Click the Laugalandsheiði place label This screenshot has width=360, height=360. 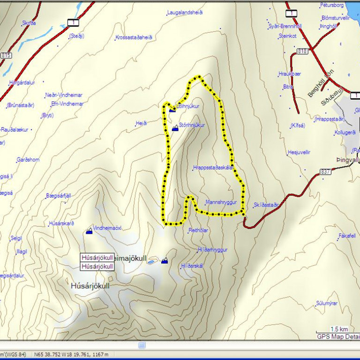tap(185, 12)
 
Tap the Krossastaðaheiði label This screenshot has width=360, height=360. tap(134, 37)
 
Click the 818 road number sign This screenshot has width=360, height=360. tap(302, 51)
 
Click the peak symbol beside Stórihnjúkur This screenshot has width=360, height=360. tap(175, 127)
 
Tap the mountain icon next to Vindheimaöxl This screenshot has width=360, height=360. tap(89, 230)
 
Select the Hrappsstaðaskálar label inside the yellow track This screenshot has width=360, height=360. tap(213, 167)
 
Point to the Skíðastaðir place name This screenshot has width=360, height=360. tap(266, 205)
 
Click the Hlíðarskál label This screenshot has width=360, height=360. tap(192, 266)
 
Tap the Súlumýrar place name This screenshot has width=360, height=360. tap(327, 303)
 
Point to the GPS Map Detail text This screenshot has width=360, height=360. tap(337, 336)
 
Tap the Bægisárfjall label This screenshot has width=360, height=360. tap(58, 195)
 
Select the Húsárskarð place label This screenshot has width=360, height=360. tap(61, 224)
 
